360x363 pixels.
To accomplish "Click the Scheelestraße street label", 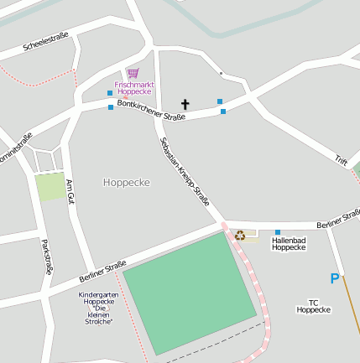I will (x=45, y=39).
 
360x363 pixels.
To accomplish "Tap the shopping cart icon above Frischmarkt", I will (x=133, y=75).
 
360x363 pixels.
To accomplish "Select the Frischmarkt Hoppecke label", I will (x=133, y=87).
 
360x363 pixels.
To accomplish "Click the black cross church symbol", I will (x=185, y=105).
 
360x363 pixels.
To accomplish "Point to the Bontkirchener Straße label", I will (x=151, y=109).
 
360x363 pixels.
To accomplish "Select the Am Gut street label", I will (x=70, y=193).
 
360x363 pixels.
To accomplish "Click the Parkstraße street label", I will (x=47, y=257).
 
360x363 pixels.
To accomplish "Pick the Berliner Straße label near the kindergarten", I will (x=102, y=272).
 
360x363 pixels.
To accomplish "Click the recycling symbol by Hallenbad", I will (x=240, y=236).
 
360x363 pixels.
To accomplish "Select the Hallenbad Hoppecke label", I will (x=289, y=244).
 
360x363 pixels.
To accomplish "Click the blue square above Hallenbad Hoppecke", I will (x=278, y=231).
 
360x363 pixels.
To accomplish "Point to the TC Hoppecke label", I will (x=314, y=306).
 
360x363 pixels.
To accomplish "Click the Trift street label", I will (x=341, y=159).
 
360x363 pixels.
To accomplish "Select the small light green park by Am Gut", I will (x=50, y=186).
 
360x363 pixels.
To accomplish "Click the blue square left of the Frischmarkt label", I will (x=109, y=92).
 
